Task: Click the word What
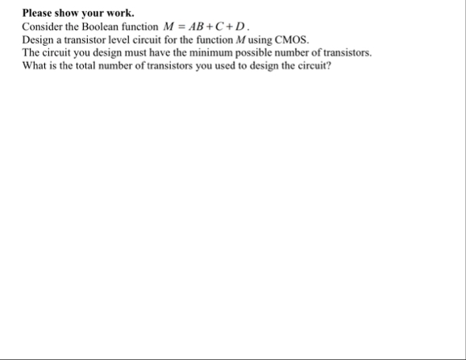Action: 35,65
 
